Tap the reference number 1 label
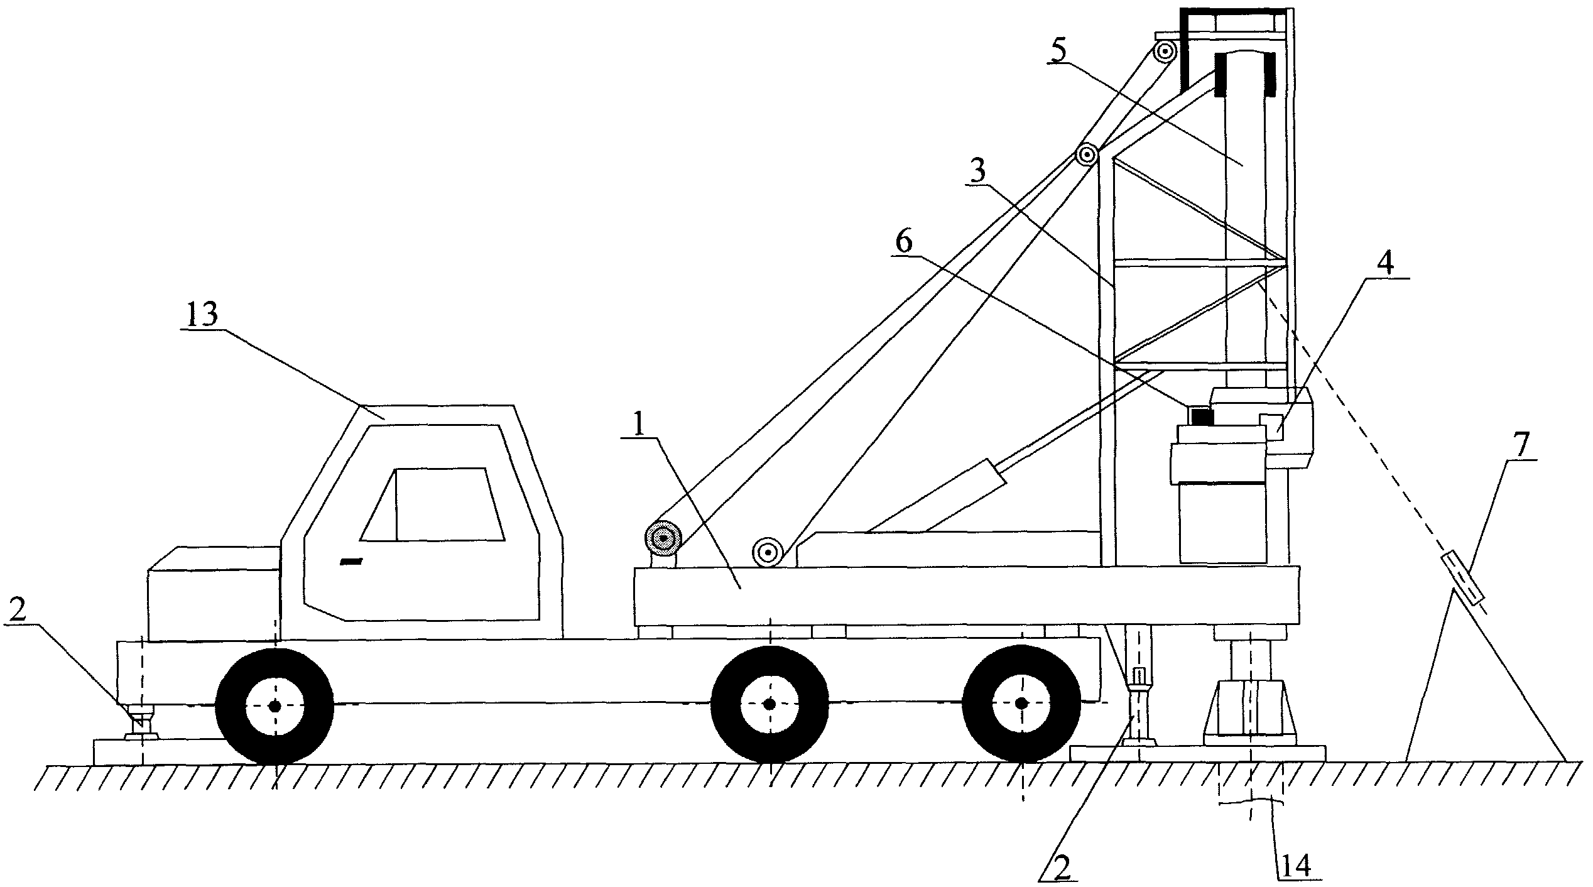click(x=639, y=427)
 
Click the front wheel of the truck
click(x=275, y=706)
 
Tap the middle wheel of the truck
click(x=769, y=705)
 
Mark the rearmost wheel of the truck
click(x=1021, y=703)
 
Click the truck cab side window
click(x=433, y=504)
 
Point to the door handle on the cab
click(x=352, y=561)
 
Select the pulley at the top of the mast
click(x=1166, y=50)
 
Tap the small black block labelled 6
click(x=1200, y=416)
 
